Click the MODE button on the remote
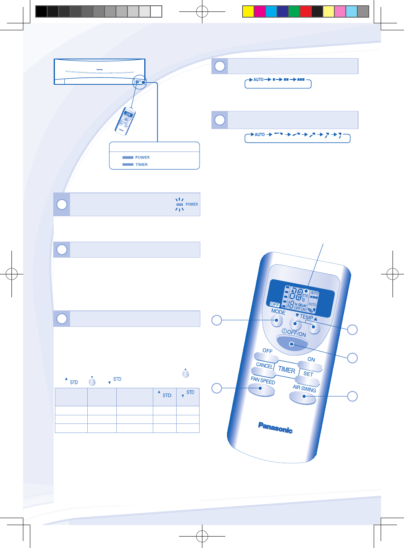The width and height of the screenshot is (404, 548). click(x=277, y=320)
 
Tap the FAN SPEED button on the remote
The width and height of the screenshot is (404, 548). click(x=261, y=390)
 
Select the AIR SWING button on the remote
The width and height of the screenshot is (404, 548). click(x=302, y=397)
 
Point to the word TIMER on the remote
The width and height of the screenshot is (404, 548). click(x=286, y=369)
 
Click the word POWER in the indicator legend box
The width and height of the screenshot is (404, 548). click(x=142, y=157)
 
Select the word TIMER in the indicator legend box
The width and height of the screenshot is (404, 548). click(x=141, y=165)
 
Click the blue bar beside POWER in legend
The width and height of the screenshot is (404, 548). click(x=128, y=157)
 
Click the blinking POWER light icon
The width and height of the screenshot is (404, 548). click(x=179, y=204)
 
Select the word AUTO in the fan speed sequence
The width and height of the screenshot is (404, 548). click(x=259, y=80)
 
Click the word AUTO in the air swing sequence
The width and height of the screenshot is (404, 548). click(x=260, y=135)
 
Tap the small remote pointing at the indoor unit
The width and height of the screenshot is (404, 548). click(x=125, y=121)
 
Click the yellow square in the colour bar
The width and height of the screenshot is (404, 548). click(x=248, y=11)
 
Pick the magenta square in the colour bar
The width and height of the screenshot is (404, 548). click(x=259, y=11)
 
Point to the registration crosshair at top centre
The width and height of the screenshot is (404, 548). click(x=202, y=12)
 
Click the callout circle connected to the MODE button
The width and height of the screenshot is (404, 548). click(x=217, y=320)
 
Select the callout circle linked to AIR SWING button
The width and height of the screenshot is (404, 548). click(x=352, y=396)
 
